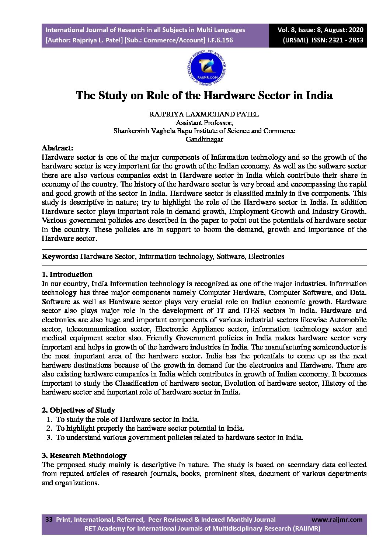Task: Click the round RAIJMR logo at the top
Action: click(x=206, y=68)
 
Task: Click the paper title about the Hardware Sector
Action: click(x=204, y=96)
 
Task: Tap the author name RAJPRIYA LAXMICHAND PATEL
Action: click(x=204, y=114)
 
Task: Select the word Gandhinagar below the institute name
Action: click(x=204, y=139)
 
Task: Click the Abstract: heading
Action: click(x=58, y=148)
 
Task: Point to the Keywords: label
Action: click(x=60, y=257)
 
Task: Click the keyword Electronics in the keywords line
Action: click(x=266, y=257)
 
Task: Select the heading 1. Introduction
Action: click(x=67, y=275)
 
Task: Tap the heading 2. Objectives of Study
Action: click(x=78, y=410)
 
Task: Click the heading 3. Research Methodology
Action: click(x=84, y=456)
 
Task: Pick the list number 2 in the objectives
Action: click(x=49, y=428)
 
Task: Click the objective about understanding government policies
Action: click(x=179, y=438)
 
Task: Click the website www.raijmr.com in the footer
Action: click(x=337, y=520)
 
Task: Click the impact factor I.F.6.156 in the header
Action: click(x=220, y=40)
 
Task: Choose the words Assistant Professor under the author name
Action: click(x=204, y=123)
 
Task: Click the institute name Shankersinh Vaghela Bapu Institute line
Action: click(x=204, y=131)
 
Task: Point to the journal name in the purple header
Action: click(x=145, y=30)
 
